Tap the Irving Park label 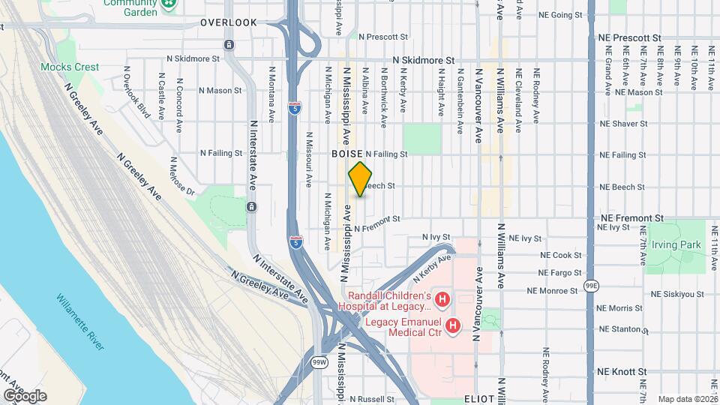[675, 244]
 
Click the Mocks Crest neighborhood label [70, 67]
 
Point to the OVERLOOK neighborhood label [229, 23]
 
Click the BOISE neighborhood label [347, 153]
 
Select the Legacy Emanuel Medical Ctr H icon [452, 325]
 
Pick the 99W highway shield [319, 363]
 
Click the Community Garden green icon [170, 4]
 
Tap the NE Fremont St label [632, 217]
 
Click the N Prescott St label [382, 36]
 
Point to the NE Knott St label [622, 371]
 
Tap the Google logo [25, 395]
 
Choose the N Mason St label [223, 91]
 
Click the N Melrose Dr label [181, 176]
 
